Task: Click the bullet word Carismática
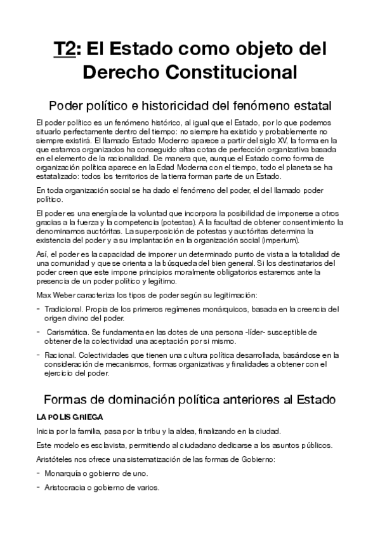click(x=67, y=331)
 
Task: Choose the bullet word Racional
click(x=60, y=355)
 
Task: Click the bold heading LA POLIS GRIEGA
click(x=67, y=418)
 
